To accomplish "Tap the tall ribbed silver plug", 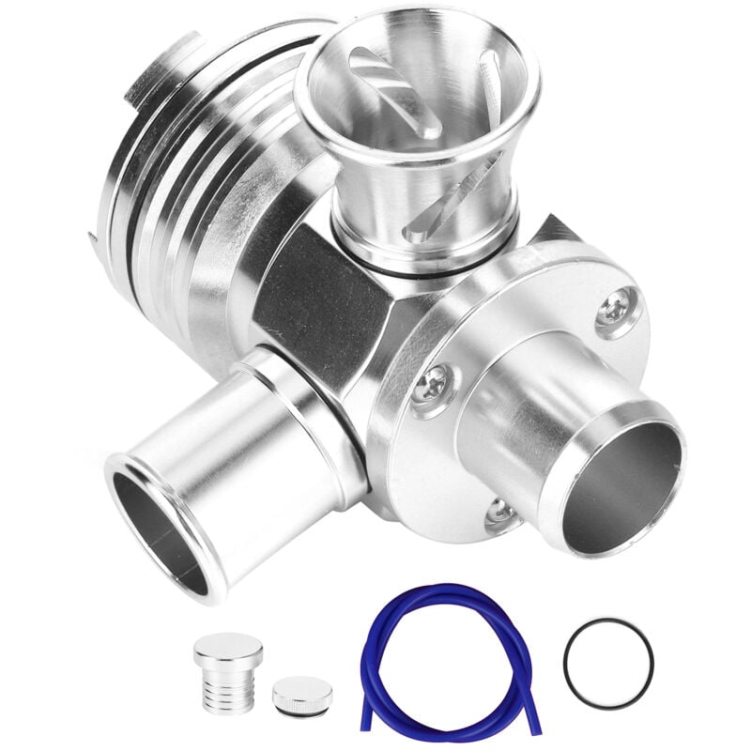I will (227, 672).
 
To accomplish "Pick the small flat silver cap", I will (302, 697).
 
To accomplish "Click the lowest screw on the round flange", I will (500, 512).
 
